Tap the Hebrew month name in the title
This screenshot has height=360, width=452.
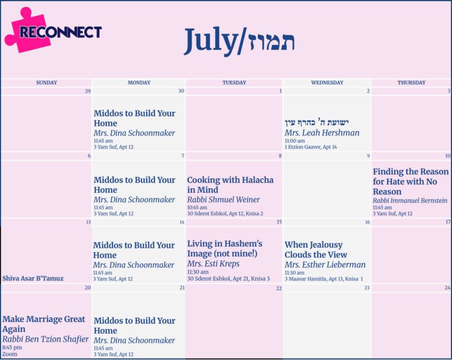point(271,42)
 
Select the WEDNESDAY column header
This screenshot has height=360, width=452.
point(327,83)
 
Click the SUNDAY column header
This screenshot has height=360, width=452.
point(46,83)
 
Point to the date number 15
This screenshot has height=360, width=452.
point(279,222)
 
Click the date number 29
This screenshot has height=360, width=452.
point(88,91)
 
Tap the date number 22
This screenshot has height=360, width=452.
point(279,288)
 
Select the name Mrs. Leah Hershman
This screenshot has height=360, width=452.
point(322,133)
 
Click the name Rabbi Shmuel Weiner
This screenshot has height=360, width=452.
point(224,199)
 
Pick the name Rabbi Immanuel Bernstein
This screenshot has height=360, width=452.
point(410,201)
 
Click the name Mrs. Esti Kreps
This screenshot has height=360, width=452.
point(213,264)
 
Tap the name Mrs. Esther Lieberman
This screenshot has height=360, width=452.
point(325,265)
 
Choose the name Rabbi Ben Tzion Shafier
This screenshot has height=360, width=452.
point(45,339)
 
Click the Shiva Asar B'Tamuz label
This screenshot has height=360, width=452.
point(33,278)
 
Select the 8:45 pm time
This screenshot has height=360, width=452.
point(12,348)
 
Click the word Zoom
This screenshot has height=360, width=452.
point(10,354)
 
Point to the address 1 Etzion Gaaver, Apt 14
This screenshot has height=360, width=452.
point(311,147)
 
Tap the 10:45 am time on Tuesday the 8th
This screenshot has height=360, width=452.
point(197,208)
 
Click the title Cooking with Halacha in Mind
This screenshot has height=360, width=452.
point(230,185)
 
